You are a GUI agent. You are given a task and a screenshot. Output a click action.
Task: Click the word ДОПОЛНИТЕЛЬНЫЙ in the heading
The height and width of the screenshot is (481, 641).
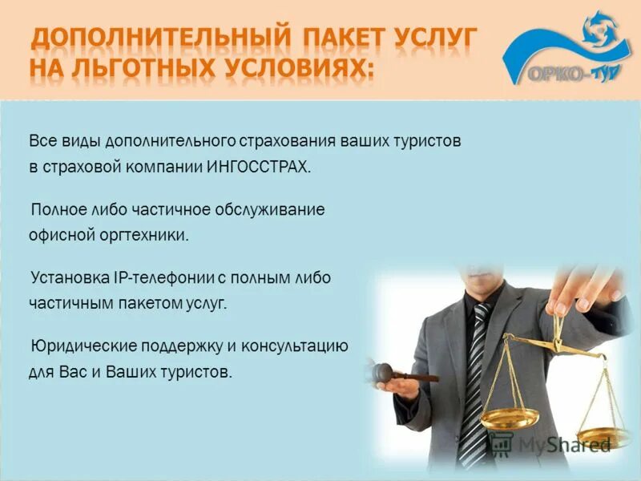157,38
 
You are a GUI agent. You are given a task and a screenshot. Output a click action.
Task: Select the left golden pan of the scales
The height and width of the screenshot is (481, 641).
510,418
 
